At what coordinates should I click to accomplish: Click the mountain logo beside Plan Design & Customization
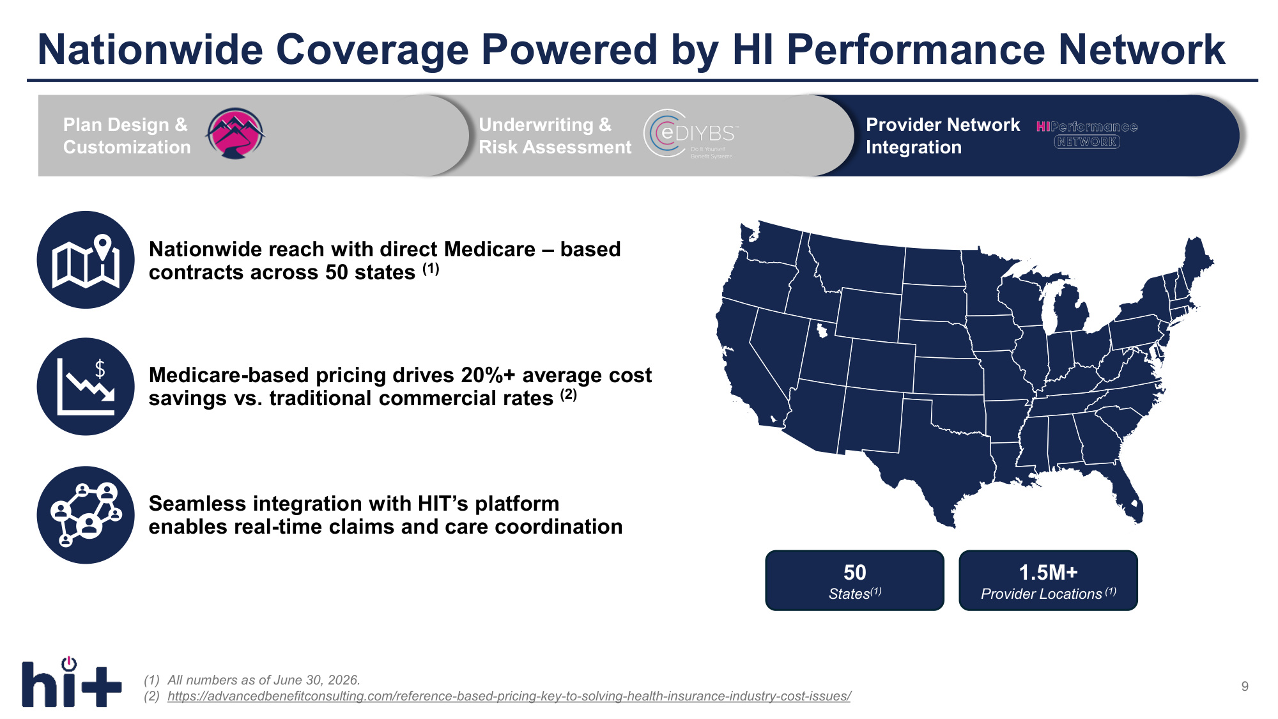coord(235,134)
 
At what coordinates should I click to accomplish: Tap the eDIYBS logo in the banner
coord(691,134)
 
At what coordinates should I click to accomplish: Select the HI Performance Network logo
coord(1087,134)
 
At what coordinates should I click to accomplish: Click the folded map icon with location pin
coord(86,260)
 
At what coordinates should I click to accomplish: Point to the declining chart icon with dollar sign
coord(86,387)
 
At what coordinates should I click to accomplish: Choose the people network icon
coord(86,515)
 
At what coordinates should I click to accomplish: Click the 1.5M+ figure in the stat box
coord(1048,572)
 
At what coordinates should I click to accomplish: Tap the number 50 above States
coord(854,572)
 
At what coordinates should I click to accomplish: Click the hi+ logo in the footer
coord(72,682)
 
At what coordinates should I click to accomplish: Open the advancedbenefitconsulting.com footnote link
coord(509,696)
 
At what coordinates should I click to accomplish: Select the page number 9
coord(1245,686)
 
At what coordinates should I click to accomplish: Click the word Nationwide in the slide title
coord(150,49)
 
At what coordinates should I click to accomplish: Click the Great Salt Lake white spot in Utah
coord(822,330)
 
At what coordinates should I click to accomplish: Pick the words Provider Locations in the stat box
coord(1042,594)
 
